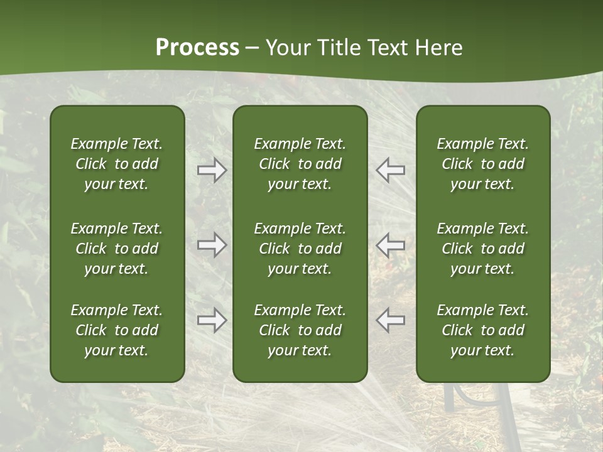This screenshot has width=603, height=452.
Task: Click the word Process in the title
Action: click(x=197, y=48)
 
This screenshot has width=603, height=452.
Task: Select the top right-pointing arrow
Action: click(x=212, y=170)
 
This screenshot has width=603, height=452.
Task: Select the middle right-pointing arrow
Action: click(x=212, y=245)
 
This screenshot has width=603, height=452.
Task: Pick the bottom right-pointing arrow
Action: click(x=212, y=320)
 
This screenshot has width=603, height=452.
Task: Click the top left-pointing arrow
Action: click(x=390, y=170)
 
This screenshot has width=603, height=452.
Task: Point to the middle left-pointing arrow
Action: click(x=390, y=245)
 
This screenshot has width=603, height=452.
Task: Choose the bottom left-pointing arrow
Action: click(x=390, y=320)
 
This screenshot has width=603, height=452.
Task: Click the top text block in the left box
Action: click(x=117, y=164)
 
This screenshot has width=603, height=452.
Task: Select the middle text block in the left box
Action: click(x=117, y=249)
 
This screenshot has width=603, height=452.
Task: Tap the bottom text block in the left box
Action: click(x=117, y=330)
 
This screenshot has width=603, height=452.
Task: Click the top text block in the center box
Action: click(x=300, y=164)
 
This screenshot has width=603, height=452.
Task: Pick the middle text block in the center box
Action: click(x=300, y=249)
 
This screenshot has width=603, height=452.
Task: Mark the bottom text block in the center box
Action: click(x=300, y=330)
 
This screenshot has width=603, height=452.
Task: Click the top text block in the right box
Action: click(x=482, y=164)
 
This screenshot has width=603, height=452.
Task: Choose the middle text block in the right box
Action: click(x=482, y=249)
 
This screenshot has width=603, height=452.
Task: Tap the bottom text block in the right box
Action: click(x=482, y=330)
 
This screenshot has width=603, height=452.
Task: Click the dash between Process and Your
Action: click(x=253, y=48)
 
